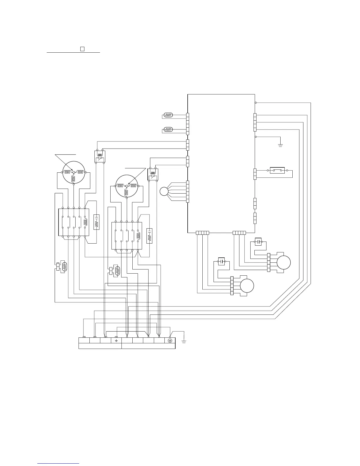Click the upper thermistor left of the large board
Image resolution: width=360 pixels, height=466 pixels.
168,115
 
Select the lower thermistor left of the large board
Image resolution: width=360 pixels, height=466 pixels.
168,129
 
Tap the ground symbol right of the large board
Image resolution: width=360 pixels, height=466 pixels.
280,145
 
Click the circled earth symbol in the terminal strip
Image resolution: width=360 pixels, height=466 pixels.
170,340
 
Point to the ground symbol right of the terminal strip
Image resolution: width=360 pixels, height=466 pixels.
184,342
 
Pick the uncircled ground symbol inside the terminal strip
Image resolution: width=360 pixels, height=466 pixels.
116,340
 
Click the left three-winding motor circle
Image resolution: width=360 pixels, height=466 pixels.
74,172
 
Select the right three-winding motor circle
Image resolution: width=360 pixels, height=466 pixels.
127,186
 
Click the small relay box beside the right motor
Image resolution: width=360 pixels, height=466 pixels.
153,174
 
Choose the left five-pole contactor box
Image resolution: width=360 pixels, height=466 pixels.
74,222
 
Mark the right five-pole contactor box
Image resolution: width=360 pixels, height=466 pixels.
127,236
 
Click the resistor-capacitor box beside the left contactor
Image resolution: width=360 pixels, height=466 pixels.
96,222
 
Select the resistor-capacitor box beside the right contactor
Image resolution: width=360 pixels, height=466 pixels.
149,236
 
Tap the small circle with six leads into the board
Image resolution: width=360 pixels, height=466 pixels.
164,192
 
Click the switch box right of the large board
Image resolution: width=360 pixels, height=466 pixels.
277,170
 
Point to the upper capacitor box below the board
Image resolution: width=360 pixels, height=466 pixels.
258,242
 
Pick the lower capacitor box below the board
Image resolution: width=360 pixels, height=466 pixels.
221,261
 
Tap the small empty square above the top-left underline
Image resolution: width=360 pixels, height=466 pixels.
82,49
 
